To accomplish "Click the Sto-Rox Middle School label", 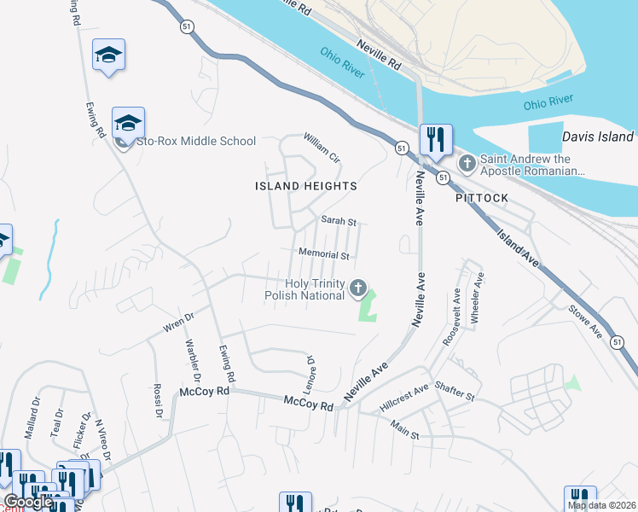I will click(195, 142).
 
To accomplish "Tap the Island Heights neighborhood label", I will click(306, 186).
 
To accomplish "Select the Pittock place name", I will click(482, 198).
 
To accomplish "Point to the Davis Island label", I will click(598, 137).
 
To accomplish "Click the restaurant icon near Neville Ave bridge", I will click(436, 140).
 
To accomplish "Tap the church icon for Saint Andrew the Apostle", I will click(467, 162).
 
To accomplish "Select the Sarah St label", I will click(338, 221).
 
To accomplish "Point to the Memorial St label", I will click(324, 254).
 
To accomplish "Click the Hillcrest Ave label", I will click(403, 393).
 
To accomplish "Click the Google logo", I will click(27, 503).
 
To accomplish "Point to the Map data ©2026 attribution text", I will click(602, 505).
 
